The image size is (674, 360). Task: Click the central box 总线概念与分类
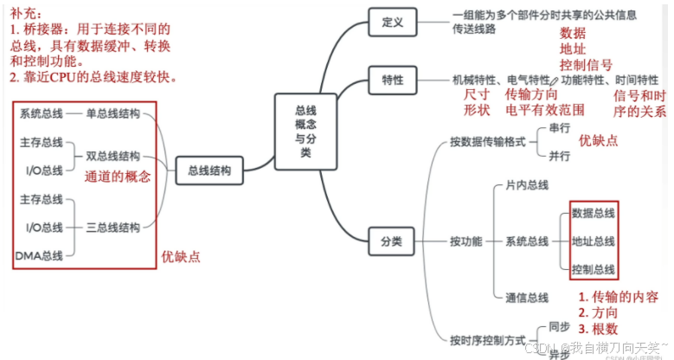[305, 132]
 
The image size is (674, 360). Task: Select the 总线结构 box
[209, 171]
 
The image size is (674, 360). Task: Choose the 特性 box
[392, 80]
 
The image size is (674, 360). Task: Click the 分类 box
[392, 241]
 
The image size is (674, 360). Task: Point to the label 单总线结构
[112, 113]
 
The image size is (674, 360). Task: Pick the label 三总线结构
[112, 228]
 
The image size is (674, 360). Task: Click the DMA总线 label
[39, 255]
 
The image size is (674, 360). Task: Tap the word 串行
[560, 128]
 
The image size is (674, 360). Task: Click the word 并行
[560, 156]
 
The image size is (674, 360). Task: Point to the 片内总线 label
[527, 185]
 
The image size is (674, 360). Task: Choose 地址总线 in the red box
[594, 241]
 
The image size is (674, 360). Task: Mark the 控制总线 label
[594, 269]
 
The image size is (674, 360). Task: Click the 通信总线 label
[527, 298]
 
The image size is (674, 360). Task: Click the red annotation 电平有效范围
[545, 111]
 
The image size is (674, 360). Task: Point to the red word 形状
[477, 111]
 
